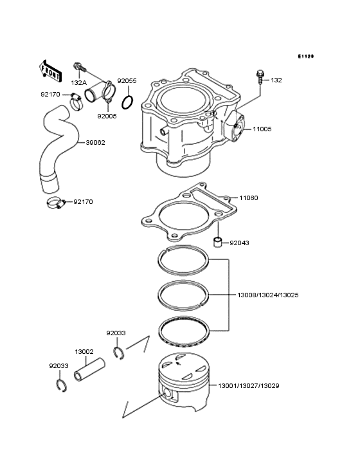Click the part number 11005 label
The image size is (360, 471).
(x=262, y=129)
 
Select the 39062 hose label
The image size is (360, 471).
(x=88, y=143)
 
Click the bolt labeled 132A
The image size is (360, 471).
(x=78, y=66)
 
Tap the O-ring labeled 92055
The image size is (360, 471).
(x=128, y=102)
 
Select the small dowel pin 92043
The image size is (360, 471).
(x=218, y=243)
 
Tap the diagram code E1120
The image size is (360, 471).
(x=305, y=57)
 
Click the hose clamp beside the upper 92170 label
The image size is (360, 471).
(x=76, y=98)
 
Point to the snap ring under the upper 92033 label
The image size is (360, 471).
(x=118, y=351)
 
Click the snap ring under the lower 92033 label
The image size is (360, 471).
(x=60, y=386)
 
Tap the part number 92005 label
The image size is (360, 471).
(x=107, y=116)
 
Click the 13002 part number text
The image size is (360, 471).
(x=84, y=352)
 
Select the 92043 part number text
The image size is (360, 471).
(x=239, y=243)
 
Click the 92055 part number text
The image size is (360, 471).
(x=127, y=81)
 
